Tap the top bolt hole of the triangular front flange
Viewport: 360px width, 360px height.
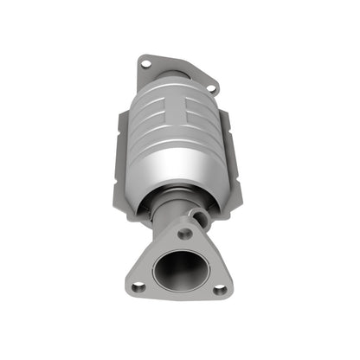click(x=183, y=234)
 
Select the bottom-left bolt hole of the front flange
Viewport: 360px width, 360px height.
click(x=138, y=286)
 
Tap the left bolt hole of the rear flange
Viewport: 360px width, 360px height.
click(x=145, y=62)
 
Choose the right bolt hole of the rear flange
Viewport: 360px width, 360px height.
click(x=211, y=87)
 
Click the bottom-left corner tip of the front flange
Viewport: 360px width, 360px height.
click(x=127, y=291)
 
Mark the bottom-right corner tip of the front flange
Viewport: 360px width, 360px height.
click(x=230, y=292)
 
